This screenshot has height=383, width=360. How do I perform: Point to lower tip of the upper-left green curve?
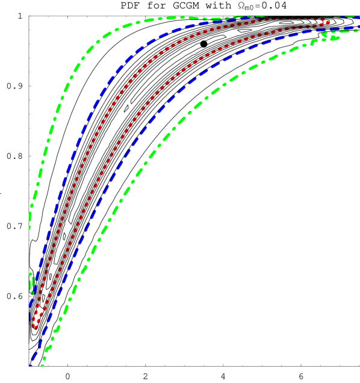[x=29, y=227]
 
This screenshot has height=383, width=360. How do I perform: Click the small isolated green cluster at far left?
[x=31, y=284]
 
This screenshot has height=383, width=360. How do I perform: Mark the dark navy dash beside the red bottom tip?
[x=29, y=316]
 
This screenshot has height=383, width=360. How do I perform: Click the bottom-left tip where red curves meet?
[x=34, y=326]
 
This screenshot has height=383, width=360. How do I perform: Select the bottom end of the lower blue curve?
[x=31, y=364]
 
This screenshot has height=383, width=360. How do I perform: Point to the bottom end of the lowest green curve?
[x=42, y=364]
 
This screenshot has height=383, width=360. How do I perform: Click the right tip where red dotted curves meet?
[x=327, y=22]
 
